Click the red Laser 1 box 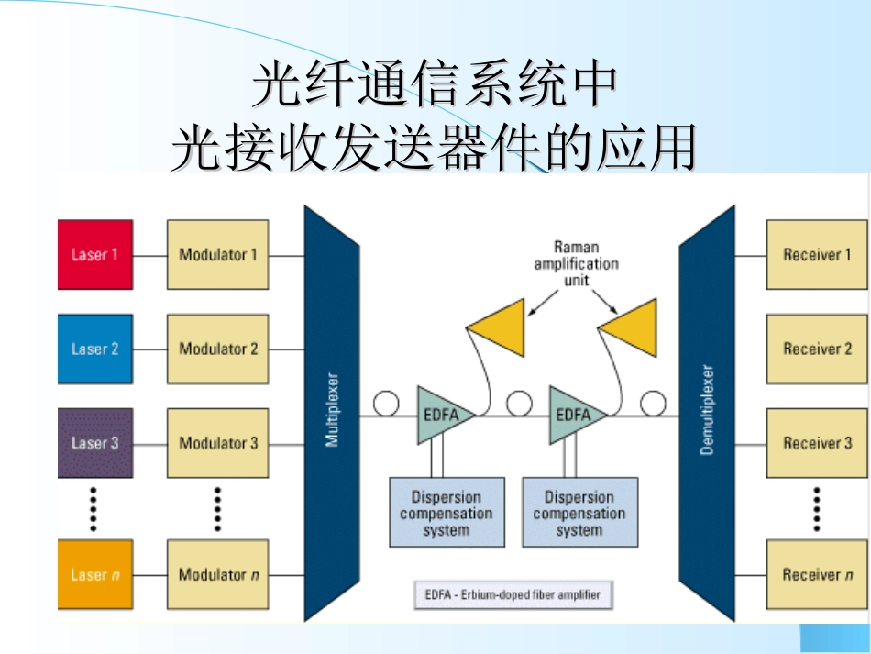coord(94,254)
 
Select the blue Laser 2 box coord(94,349)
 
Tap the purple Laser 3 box coord(94,443)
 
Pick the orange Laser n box coord(94,575)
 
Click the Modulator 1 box coord(217,254)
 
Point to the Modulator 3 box coord(217,443)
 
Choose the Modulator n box coord(217,575)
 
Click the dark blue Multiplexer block coord(331,413)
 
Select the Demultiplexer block coord(707,413)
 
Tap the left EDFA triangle coord(443,416)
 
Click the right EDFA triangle coord(575,416)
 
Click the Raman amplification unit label coord(576,263)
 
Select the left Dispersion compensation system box coord(447,513)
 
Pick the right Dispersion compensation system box coord(579,513)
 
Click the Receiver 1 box coord(816,254)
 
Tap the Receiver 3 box coord(816,443)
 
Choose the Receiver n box coord(816,575)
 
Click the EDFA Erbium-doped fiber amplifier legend coord(513,594)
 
